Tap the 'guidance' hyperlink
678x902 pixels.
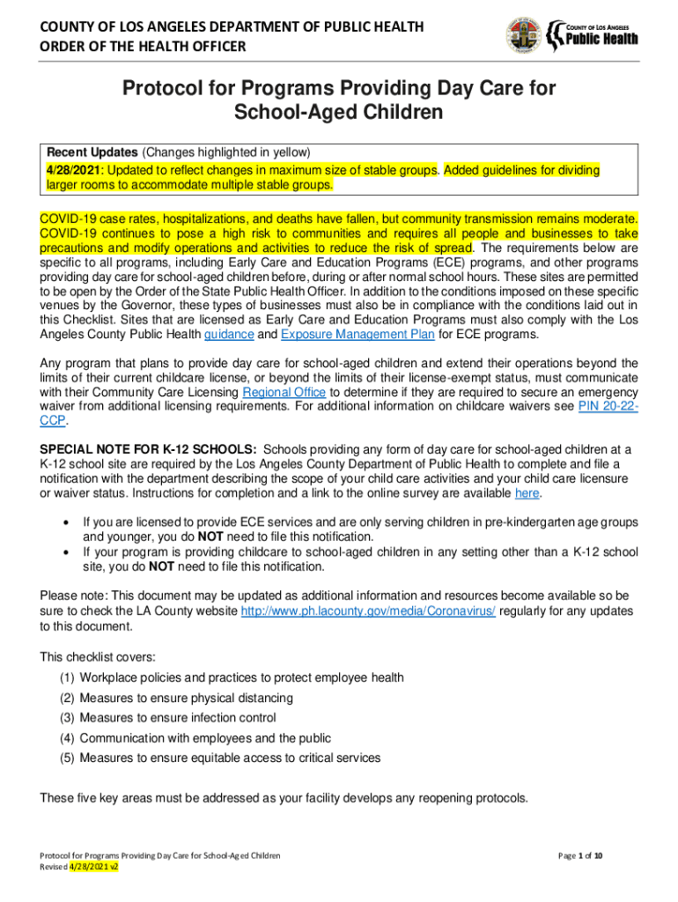click(x=229, y=335)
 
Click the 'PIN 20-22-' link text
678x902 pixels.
click(x=608, y=406)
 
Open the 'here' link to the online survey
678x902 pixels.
click(x=527, y=492)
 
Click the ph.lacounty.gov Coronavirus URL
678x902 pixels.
click(x=368, y=611)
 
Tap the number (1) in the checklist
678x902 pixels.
click(x=67, y=677)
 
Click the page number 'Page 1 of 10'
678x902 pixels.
click(x=581, y=855)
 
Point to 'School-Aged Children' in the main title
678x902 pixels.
click(x=338, y=113)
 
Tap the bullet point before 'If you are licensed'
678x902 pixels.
click(x=65, y=522)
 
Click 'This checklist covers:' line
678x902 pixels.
click(x=98, y=656)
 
